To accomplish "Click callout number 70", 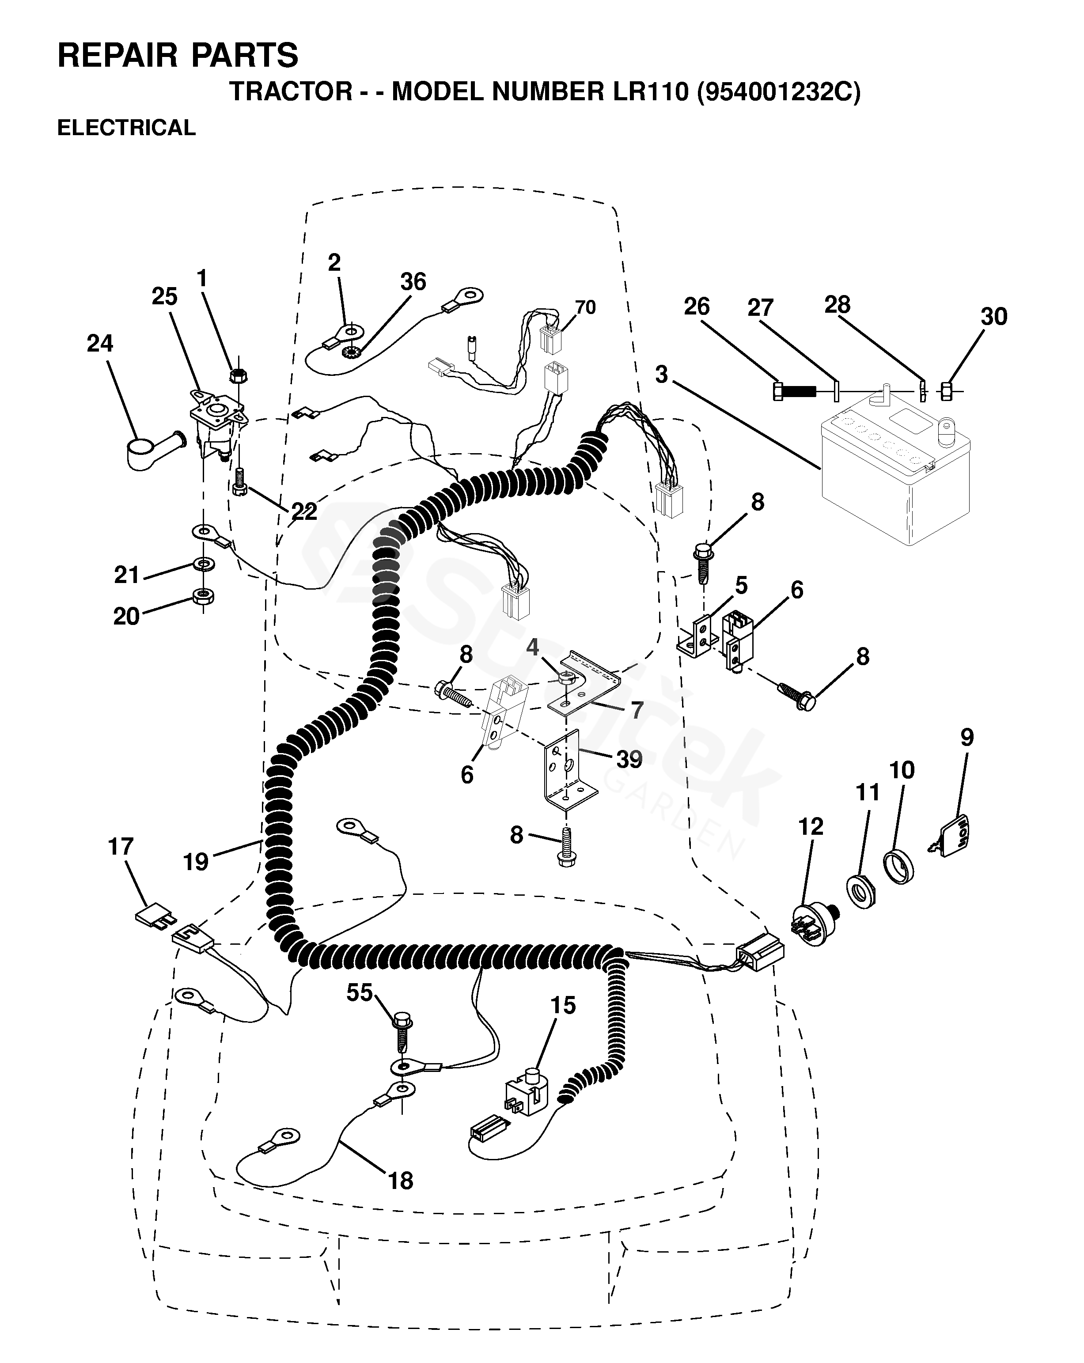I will (585, 307).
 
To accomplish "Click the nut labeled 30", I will (947, 392).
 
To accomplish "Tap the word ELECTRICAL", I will (126, 128).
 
